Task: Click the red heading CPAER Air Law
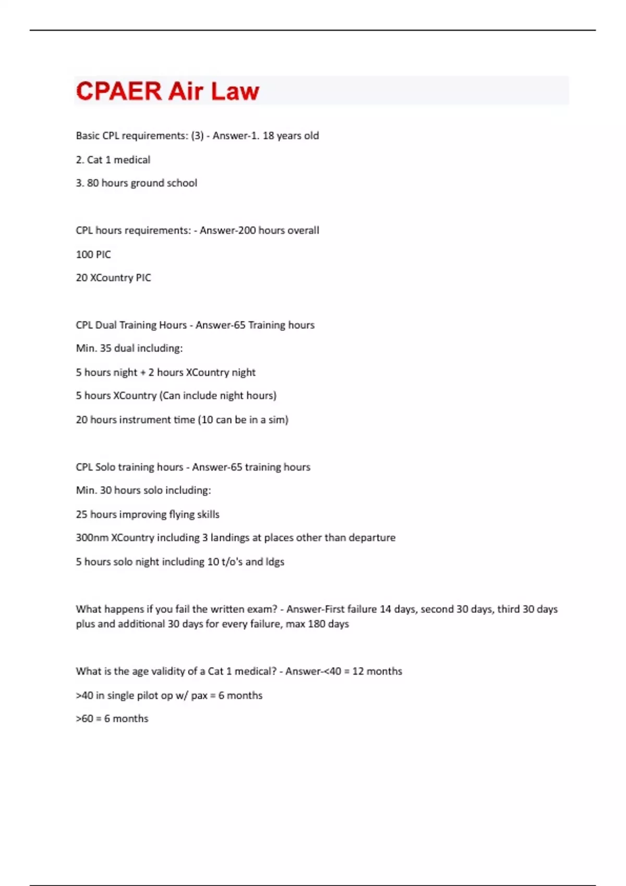click(x=167, y=91)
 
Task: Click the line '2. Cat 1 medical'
click(x=113, y=159)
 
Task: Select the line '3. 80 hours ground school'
click(x=136, y=183)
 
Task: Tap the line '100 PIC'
click(x=93, y=254)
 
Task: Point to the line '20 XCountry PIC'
click(x=113, y=278)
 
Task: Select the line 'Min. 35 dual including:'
click(x=129, y=348)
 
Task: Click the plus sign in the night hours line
click(x=142, y=373)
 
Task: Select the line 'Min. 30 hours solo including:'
click(x=143, y=490)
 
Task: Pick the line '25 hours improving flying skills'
click(x=147, y=514)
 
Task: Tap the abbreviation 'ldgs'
click(x=275, y=562)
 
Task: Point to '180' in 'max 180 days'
click(x=317, y=624)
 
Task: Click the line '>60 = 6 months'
click(x=112, y=719)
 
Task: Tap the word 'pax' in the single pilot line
click(x=199, y=696)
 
